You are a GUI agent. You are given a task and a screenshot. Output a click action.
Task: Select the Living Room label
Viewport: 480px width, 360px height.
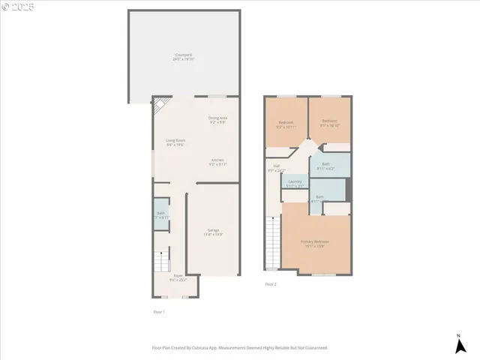point(175,142)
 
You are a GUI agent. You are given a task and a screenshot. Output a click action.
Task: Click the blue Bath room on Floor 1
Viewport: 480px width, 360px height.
point(161,214)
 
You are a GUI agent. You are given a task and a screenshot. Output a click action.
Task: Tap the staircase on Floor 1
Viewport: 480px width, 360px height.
point(161,262)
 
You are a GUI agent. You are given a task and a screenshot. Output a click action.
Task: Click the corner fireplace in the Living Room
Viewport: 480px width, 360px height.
point(158,106)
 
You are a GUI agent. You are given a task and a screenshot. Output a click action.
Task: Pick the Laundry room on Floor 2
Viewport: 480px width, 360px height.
point(295,183)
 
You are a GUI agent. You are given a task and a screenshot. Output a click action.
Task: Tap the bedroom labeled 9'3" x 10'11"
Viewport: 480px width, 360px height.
point(285,124)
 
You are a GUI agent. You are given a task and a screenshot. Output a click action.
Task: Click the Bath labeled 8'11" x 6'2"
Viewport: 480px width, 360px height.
point(325,166)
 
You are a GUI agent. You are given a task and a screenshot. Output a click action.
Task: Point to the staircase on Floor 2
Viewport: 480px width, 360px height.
point(271,243)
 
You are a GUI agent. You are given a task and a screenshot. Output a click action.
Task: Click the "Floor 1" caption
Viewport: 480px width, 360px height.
point(158,311)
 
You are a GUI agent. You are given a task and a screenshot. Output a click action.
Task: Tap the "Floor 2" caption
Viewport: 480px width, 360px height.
point(271,285)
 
